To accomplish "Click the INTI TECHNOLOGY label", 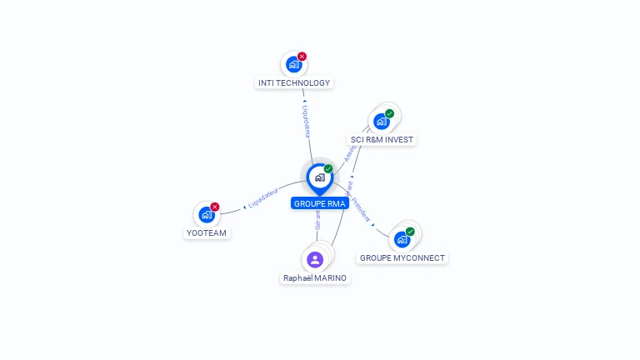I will (293, 82).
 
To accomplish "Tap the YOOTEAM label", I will (207, 233).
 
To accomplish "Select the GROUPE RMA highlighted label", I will (320, 203).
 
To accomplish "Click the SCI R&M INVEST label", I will (382, 139).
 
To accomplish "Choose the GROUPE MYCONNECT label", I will (402, 258).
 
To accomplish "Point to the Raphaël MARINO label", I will (315, 277).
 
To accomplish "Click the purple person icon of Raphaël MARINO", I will (315, 259).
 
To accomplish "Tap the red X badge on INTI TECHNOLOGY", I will (302, 57).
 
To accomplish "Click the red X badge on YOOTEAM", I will (215, 207).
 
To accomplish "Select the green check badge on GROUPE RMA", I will (328, 169).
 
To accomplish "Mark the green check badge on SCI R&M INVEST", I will (389, 113).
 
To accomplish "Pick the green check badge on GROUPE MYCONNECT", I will (410, 232).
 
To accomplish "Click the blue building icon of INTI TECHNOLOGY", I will (293, 64).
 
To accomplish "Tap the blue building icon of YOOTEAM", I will (207, 215).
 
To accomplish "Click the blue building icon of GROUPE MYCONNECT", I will (402, 240).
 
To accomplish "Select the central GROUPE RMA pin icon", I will (319, 177).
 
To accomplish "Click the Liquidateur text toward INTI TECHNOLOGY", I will (307, 121).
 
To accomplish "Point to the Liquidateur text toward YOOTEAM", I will (262, 197).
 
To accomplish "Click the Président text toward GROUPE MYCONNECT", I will (361, 208).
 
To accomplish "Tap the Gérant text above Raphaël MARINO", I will (317, 219).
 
